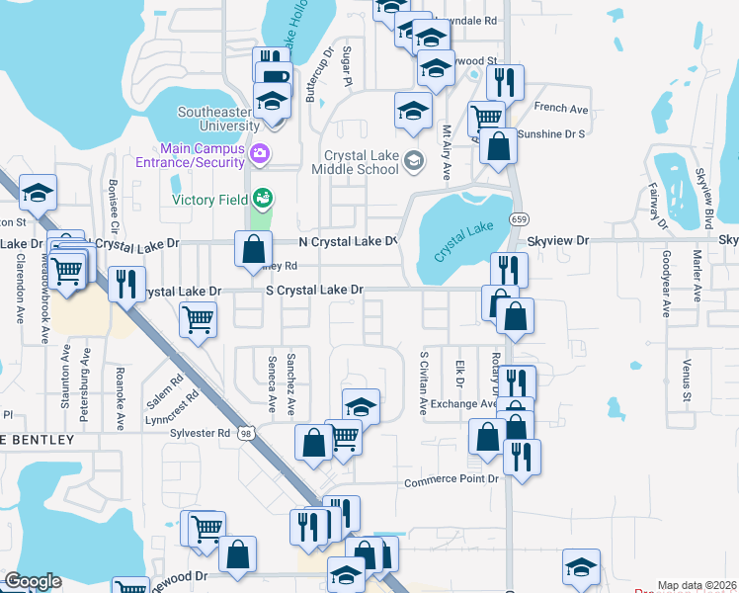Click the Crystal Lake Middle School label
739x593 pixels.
click(x=363, y=162)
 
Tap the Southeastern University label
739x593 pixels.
click(x=217, y=119)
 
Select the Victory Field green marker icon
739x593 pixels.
click(x=261, y=198)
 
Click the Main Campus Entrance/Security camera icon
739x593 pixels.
click(x=260, y=152)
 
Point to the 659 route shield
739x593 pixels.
click(x=517, y=217)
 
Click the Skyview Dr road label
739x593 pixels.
click(x=558, y=240)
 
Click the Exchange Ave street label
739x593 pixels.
click(x=462, y=403)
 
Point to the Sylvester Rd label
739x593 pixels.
click(x=205, y=433)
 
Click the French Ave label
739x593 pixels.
click(x=560, y=108)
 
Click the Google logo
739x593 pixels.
click(x=33, y=581)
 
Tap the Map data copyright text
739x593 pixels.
click(x=697, y=586)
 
